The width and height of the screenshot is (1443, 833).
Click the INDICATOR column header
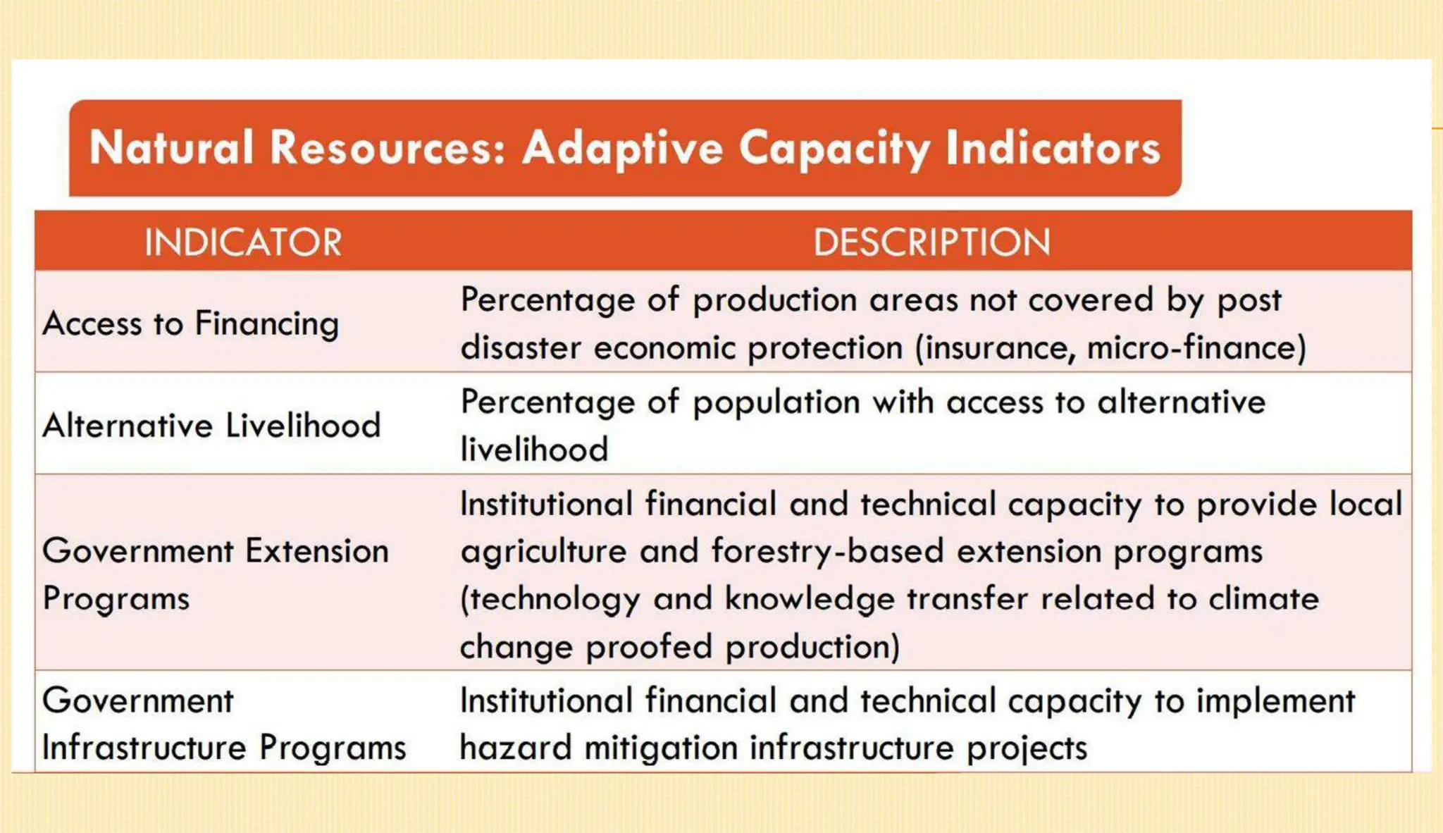(243, 242)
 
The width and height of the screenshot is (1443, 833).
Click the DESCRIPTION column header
(931, 242)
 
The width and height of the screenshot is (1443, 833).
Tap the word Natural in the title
(171, 148)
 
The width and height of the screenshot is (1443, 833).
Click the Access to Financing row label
(191, 324)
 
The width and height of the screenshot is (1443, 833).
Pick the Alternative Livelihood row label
(211, 426)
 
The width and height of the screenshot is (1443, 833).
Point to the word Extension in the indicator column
(316, 551)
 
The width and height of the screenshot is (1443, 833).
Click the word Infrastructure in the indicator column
(144, 748)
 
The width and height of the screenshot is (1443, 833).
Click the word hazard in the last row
(515, 748)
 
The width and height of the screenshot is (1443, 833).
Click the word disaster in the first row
(521, 348)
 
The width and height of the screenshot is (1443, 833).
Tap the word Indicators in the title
(1053, 148)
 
